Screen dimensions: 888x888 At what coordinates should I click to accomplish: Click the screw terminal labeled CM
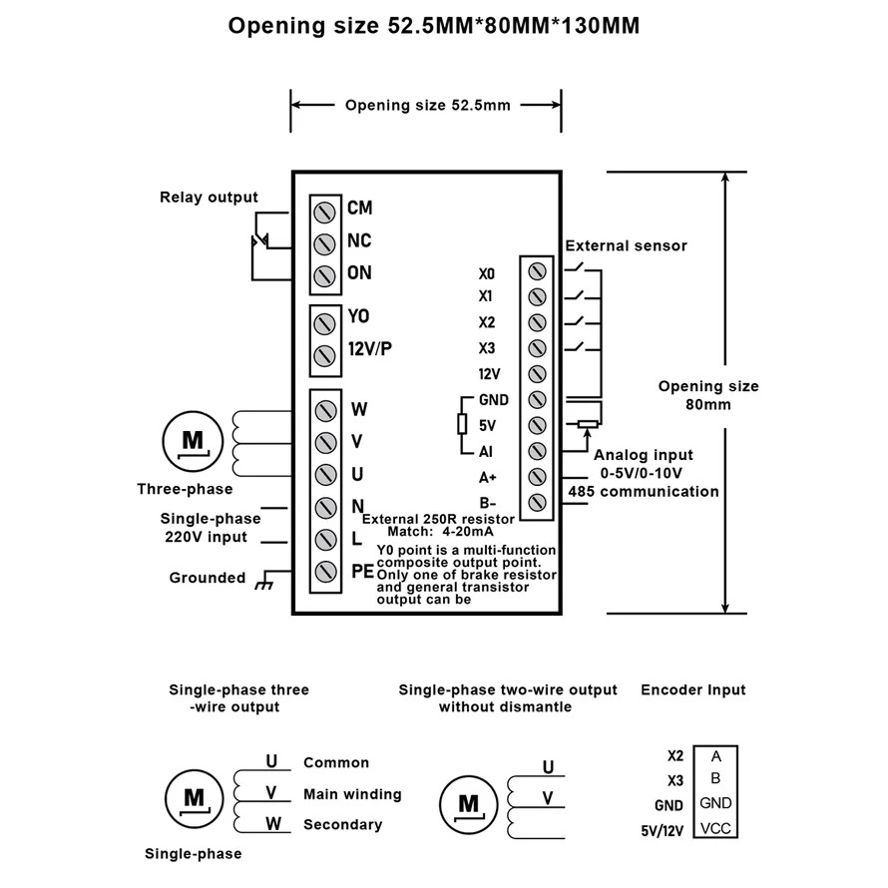click(x=324, y=210)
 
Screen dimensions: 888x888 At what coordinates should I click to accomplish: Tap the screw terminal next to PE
click(x=324, y=572)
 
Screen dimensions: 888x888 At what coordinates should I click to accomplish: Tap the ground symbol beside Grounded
click(x=263, y=580)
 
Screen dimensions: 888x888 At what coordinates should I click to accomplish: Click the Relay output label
click(x=209, y=198)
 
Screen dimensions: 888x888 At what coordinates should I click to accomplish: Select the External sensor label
click(x=626, y=245)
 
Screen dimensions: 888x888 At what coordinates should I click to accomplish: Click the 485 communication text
click(x=644, y=491)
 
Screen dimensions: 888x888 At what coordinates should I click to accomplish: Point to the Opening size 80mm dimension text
click(x=708, y=395)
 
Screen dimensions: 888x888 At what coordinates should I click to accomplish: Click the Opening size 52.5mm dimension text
click(x=427, y=105)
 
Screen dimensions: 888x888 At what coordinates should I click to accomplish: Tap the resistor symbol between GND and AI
click(x=462, y=425)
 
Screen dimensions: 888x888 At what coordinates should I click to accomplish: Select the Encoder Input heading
click(x=692, y=689)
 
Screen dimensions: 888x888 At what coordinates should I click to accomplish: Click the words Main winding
click(x=352, y=794)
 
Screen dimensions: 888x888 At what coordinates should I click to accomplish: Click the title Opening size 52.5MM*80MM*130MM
click(x=434, y=26)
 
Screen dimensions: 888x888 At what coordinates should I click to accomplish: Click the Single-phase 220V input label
click(x=211, y=528)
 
